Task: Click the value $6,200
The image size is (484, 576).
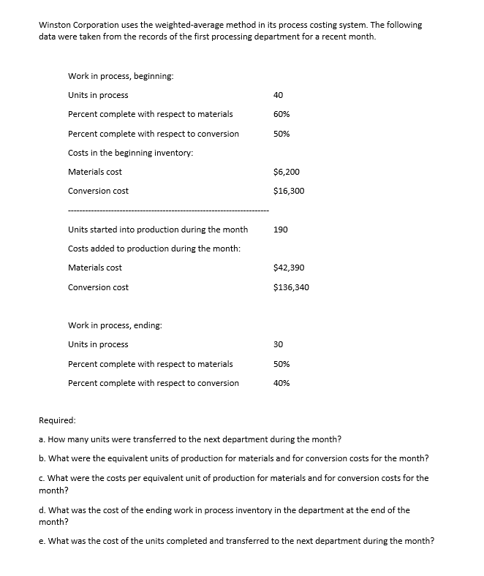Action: point(286,172)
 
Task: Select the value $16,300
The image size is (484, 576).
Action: point(288,191)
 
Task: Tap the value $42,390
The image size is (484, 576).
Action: point(288,268)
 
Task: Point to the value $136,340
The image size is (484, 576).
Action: point(290,287)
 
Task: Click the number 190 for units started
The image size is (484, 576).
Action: point(280,230)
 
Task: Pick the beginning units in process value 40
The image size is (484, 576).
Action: point(278,95)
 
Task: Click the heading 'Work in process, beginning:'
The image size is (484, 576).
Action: point(121,76)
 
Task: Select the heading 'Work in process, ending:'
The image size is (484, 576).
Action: point(115,325)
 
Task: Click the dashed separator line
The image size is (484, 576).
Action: point(168,211)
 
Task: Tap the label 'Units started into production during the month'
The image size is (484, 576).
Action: point(157,230)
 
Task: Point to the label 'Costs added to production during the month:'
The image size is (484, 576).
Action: point(154,249)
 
